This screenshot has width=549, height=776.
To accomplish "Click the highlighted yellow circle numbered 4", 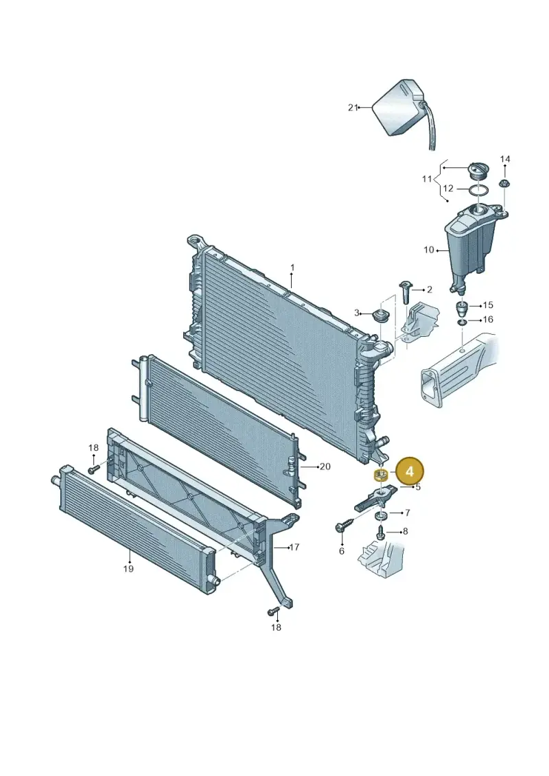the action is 410,471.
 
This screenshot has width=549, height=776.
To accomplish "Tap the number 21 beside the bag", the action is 353,108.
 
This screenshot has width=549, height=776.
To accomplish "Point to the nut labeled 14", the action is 505,184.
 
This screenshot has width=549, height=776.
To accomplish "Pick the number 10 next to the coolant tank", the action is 429,250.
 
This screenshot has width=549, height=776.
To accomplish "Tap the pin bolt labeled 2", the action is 404,293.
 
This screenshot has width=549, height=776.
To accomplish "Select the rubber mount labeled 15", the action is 461,310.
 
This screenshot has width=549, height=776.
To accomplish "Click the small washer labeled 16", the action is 461,322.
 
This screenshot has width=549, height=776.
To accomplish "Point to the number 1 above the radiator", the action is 292,268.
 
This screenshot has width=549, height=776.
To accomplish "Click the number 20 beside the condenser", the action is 325,466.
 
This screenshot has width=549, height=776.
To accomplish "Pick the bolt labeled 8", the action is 380,532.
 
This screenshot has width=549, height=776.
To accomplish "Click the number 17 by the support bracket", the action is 294,548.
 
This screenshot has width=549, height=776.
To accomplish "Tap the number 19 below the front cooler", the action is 128,569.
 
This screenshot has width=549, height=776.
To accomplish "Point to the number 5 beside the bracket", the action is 418,487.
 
